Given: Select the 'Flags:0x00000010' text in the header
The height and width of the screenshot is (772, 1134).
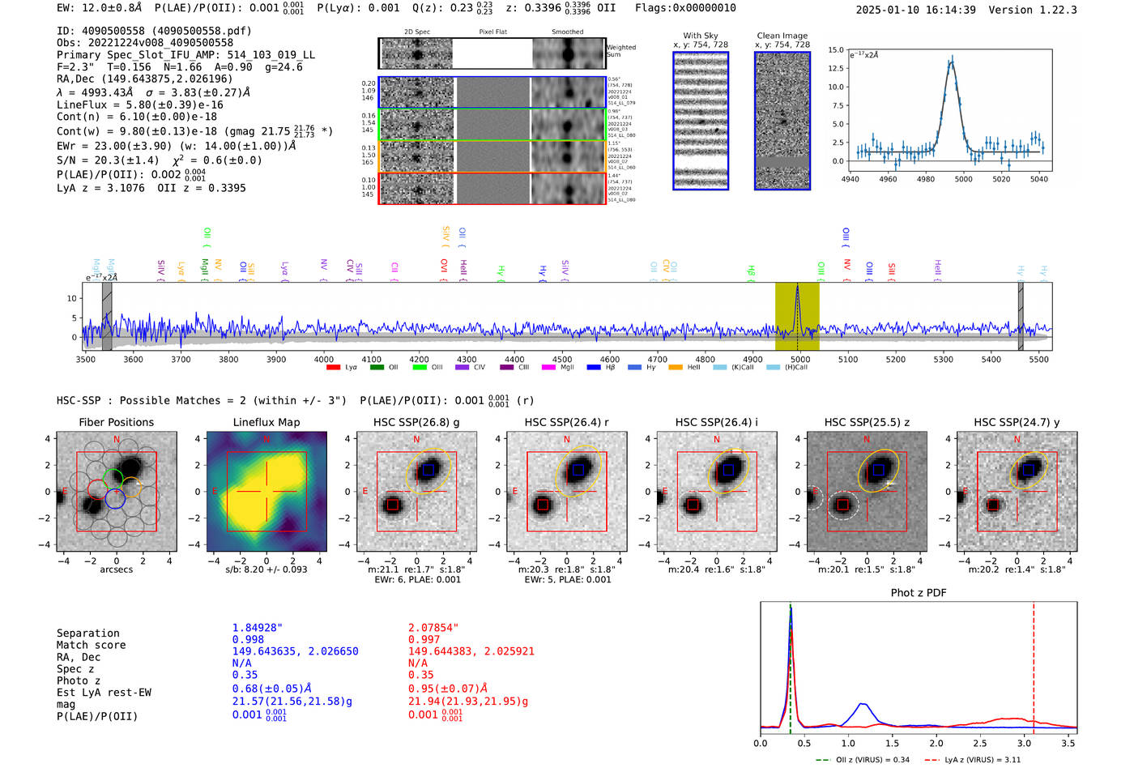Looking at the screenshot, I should point(685,8).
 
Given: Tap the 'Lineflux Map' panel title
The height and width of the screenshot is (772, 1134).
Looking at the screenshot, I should point(266,422).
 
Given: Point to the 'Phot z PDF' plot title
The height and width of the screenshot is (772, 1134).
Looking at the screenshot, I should point(919,593).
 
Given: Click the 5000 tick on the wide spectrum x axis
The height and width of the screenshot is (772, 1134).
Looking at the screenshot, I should point(800,359).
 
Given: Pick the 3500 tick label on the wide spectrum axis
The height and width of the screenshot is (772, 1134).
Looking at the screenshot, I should point(85,359).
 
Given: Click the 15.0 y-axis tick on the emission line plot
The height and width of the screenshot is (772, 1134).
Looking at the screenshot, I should point(836,50).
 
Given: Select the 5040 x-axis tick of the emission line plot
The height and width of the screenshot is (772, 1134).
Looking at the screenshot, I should point(1038,179).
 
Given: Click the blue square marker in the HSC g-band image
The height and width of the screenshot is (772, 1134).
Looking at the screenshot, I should point(428,470).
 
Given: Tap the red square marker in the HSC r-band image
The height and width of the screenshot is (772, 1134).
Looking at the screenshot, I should point(543,505).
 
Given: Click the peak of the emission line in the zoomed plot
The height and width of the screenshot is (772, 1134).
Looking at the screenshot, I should point(952,59).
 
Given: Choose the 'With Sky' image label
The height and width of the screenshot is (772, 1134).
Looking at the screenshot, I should point(701,36).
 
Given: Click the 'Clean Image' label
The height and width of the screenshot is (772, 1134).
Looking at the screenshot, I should point(782,36).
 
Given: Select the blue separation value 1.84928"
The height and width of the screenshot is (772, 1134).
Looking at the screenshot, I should point(258,628).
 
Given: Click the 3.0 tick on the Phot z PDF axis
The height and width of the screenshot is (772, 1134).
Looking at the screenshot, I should point(1025,743).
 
